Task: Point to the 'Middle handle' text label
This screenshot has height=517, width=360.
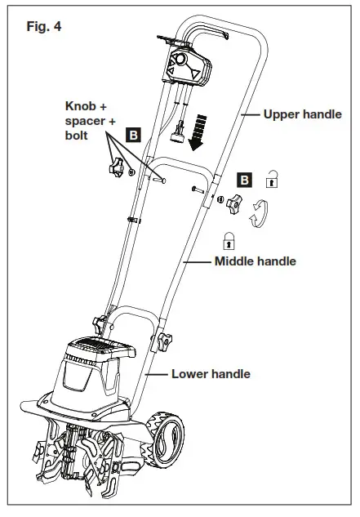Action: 255,261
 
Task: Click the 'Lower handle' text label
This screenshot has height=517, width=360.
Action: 211,374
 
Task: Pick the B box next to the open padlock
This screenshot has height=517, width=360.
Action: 242,178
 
